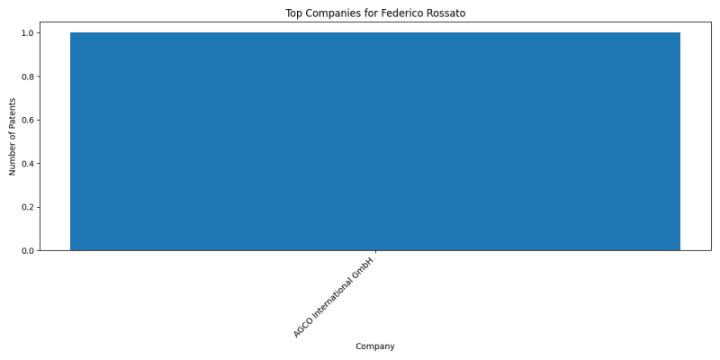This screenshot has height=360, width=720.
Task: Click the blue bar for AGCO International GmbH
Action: pos(375,141)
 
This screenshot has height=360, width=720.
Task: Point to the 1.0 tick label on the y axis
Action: pos(28,33)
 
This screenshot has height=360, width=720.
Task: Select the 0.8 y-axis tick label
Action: pos(28,76)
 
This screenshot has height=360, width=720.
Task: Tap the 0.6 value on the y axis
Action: pos(28,121)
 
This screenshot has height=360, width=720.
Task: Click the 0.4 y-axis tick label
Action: pos(28,164)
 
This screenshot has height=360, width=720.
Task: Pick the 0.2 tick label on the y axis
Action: pos(28,208)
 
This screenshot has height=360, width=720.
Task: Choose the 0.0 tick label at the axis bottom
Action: pos(28,251)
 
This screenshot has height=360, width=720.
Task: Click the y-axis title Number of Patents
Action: pos(13,137)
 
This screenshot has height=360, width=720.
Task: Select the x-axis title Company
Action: pos(375,346)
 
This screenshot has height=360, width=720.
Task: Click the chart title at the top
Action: pos(375,13)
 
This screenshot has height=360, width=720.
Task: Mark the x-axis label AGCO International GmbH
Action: pos(334,298)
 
